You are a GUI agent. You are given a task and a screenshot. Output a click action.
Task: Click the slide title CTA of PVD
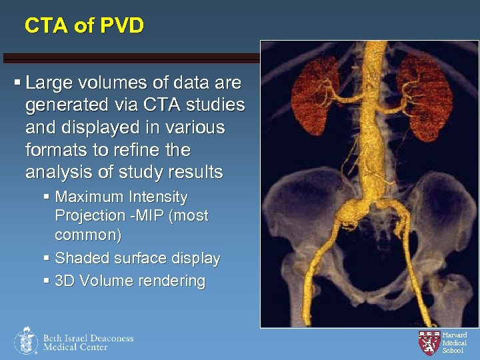click(x=84, y=26)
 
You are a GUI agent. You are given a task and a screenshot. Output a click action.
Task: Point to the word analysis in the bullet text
click(x=56, y=172)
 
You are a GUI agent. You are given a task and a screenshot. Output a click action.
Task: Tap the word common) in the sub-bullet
click(x=87, y=235)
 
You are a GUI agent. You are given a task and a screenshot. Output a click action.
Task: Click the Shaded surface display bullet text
click(x=137, y=258)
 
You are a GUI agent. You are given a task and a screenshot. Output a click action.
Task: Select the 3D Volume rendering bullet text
click(x=130, y=281)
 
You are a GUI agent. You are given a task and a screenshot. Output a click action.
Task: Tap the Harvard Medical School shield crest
click(x=429, y=342)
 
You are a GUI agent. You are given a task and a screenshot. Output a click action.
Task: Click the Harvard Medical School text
click(x=454, y=342)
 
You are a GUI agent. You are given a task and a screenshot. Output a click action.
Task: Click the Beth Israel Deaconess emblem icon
click(x=25, y=341)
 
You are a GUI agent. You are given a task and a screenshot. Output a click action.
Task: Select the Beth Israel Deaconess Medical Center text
click(x=88, y=342)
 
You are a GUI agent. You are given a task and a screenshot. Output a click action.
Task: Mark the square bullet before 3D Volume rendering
click(x=46, y=281)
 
